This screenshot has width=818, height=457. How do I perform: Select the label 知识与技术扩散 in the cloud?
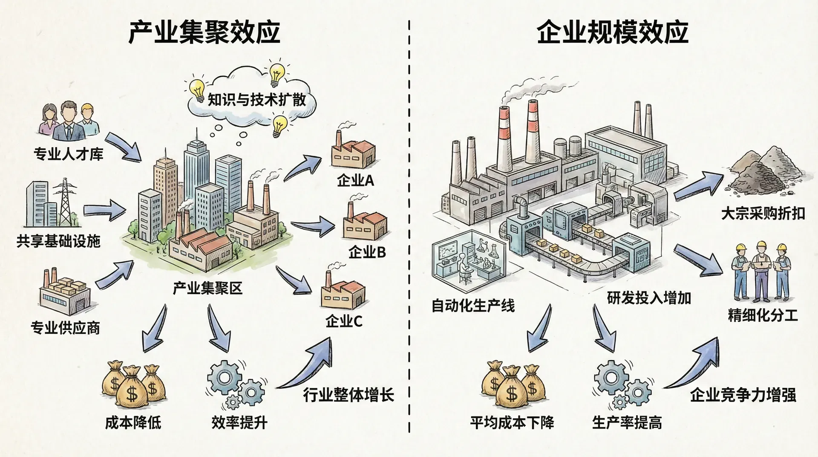256,100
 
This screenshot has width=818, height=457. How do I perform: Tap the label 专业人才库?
68,154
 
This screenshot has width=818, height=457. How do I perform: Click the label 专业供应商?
65,328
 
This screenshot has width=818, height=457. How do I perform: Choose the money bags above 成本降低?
133,384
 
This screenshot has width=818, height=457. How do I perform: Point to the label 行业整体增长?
349,395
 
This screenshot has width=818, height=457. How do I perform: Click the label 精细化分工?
763,316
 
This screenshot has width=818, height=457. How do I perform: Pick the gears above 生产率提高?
622,384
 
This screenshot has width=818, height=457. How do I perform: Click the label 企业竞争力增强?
743,395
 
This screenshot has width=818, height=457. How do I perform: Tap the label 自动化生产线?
473,306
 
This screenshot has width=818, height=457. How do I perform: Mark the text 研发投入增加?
649,298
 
